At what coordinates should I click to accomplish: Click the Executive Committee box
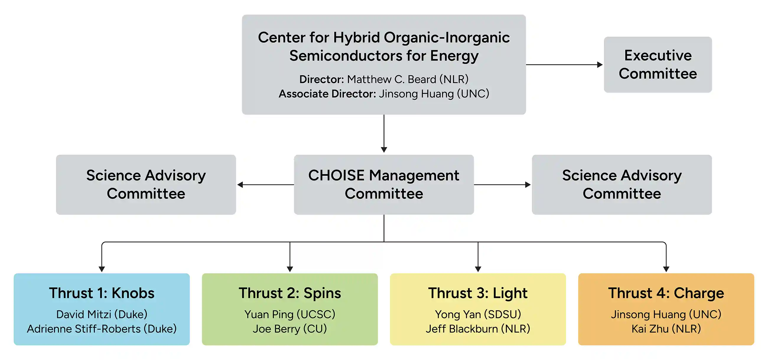[x=658, y=65]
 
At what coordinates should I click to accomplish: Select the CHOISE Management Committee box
[x=384, y=185]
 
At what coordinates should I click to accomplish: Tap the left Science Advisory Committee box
[x=146, y=185]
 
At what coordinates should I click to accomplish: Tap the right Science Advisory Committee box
[x=621, y=185]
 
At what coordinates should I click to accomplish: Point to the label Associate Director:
[x=327, y=94]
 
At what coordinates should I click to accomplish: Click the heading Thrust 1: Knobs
[x=102, y=293]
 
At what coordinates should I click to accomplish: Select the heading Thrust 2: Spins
[x=290, y=293]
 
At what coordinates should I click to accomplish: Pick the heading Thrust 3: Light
[x=478, y=293]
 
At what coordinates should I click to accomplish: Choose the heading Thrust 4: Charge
[x=666, y=293]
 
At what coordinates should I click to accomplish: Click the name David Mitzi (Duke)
[x=102, y=315]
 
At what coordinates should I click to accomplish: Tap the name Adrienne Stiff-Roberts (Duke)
[x=102, y=329]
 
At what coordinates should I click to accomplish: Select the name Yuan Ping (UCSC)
[x=290, y=315]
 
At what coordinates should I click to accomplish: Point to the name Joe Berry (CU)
[x=290, y=329]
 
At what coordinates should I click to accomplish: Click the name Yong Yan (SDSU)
[x=478, y=315]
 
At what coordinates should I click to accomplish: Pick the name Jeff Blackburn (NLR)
[x=478, y=329]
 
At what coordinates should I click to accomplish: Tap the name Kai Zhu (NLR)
[x=666, y=329]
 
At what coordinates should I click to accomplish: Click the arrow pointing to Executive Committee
[x=564, y=65]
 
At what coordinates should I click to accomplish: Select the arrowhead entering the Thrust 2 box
[x=290, y=269]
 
